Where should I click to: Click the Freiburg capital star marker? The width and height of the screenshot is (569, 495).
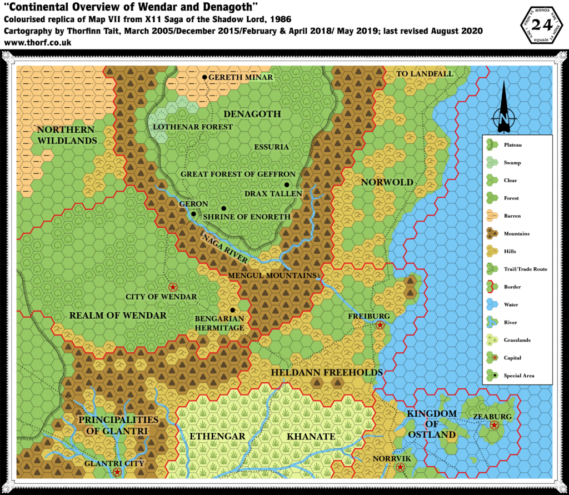[x=380, y=326]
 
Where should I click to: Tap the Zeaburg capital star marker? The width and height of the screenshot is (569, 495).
[x=493, y=425]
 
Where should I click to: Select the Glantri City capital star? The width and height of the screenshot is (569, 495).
[x=117, y=472]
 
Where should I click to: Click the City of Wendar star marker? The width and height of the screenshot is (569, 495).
[x=172, y=287]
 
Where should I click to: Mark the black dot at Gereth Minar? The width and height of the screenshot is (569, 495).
[x=204, y=77]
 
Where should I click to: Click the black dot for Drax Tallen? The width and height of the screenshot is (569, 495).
[x=287, y=184]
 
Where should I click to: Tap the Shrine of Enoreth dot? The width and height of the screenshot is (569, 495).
[x=223, y=208]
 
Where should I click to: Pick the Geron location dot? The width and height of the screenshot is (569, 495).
[x=193, y=213]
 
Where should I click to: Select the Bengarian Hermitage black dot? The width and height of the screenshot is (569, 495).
[x=232, y=310]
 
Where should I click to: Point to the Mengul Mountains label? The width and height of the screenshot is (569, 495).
[x=272, y=276]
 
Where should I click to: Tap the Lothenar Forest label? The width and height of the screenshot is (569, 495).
[x=193, y=127]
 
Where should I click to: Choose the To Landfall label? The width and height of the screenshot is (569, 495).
[x=425, y=74]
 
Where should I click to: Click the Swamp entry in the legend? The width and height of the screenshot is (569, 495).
[x=511, y=162]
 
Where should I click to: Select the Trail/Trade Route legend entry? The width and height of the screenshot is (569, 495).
[x=525, y=269]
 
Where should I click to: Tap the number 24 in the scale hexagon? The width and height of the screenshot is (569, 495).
[x=540, y=24]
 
